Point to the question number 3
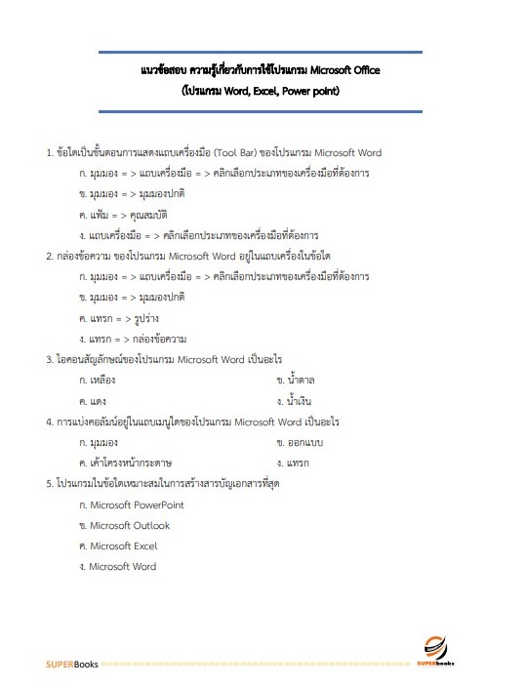49,359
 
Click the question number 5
49,483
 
